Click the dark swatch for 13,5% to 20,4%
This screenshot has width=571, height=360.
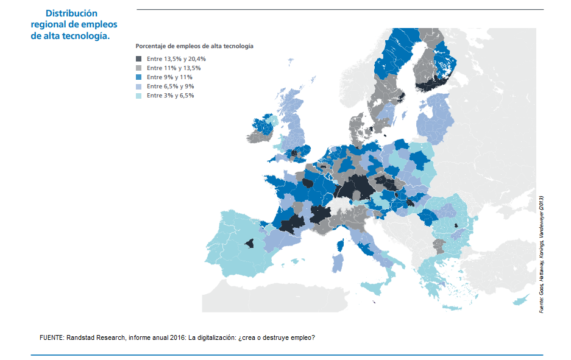[138, 58]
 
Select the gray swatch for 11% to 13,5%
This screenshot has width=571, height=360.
[138, 68]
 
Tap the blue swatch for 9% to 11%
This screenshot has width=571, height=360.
[138, 77]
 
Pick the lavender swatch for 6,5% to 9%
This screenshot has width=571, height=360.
[138, 86]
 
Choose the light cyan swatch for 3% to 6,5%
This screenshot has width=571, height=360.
[138, 96]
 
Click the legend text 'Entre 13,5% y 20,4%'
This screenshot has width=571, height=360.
[176, 58]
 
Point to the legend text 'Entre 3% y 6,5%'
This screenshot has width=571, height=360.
[171, 96]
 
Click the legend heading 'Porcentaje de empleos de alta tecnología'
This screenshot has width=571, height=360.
[194, 46]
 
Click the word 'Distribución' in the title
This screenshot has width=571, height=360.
[71, 13]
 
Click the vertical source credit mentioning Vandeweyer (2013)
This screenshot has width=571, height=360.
[541, 255]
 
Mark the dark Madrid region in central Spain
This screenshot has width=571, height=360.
[250, 243]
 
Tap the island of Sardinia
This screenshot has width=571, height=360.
[337, 263]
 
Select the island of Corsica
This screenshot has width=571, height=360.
[341, 245]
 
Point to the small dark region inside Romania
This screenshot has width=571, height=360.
[456, 225]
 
